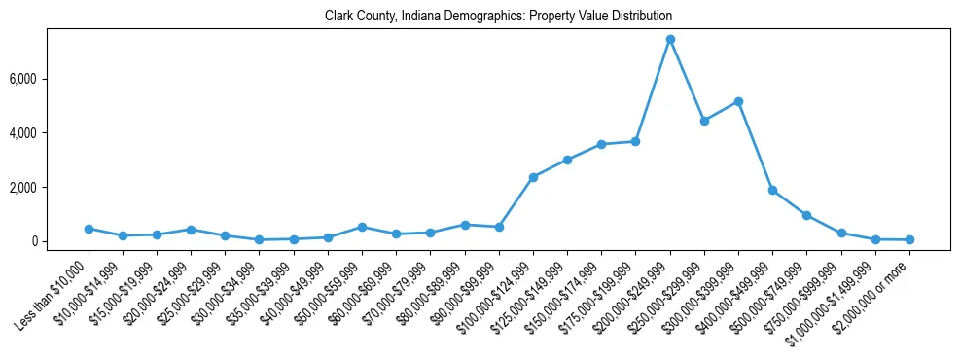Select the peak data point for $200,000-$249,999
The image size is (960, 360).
coord(670,40)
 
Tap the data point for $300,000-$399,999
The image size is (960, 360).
coord(738,101)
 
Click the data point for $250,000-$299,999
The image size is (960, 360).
coord(704,121)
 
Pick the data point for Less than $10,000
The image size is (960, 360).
coord(89,229)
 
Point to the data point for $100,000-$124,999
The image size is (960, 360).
coord(533,177)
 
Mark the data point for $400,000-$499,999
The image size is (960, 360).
coord(772,191)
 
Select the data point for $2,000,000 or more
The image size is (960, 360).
coord(909,239)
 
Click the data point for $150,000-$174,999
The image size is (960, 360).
coord(601,144)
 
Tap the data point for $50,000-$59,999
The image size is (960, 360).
coord(362,227)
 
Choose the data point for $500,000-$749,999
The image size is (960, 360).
coord(806,215)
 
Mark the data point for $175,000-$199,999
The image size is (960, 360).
coord(635,141)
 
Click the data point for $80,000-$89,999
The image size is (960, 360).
coord(465,225)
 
